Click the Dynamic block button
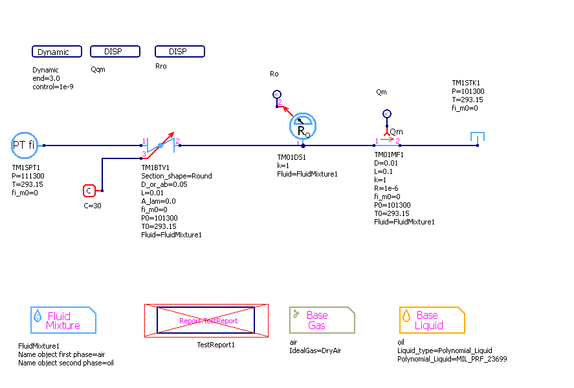point(57,52)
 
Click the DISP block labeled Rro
point(179,52)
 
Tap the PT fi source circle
point(25,145)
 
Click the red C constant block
point(89,191)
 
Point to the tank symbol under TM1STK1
point(478,138)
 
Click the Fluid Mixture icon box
point(63,320)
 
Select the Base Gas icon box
point(322,320)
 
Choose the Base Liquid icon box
point(432,320)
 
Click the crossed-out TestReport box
point(206,320)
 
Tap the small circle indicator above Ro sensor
point(276,94)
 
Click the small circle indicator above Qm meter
point(387,114)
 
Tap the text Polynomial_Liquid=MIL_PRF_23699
point(452,359)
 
